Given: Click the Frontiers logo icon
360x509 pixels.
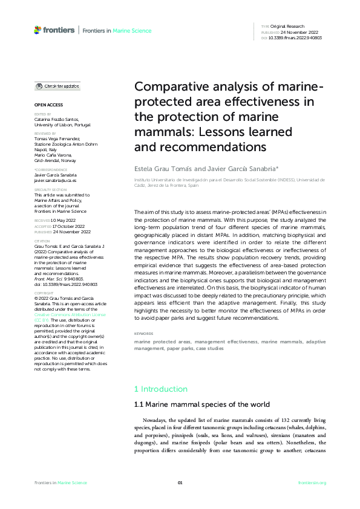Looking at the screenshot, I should click(x=38, y=29).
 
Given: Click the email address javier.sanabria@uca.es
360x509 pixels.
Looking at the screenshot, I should click(x=55, y=180).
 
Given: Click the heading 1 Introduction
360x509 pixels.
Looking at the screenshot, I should click(x=160, y=389).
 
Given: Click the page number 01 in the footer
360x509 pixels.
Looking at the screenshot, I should click(x=180, y=482).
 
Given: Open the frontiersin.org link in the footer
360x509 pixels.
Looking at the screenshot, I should click(x=312, y=482).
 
